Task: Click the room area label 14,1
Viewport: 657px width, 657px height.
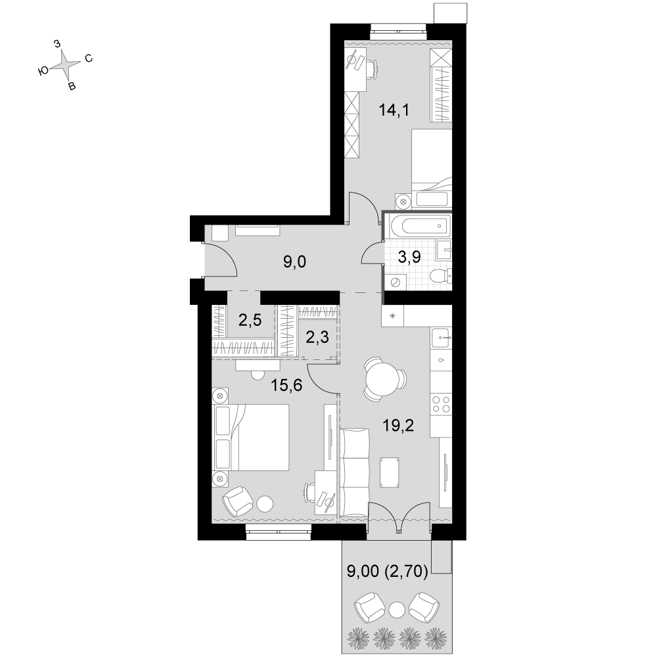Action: point(394,110)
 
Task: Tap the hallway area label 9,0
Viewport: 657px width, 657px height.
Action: point(294,262)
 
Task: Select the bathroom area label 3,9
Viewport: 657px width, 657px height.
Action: point(409,258)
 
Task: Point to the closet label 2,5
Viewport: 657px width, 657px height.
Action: point(250,321)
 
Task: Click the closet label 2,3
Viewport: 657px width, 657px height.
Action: point(317,337)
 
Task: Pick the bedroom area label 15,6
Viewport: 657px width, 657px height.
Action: point(286,385)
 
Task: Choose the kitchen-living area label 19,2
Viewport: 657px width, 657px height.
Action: point(398,426)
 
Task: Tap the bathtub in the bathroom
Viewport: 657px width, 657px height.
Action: point(419,226)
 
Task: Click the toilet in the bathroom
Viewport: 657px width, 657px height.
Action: point(441,276)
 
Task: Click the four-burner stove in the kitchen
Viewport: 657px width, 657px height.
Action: point(442,404)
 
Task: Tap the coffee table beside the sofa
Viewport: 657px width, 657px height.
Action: point(389,472)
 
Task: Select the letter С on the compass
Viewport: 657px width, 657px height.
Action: point(89,58)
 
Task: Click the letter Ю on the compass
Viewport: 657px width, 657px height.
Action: point(43,72)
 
